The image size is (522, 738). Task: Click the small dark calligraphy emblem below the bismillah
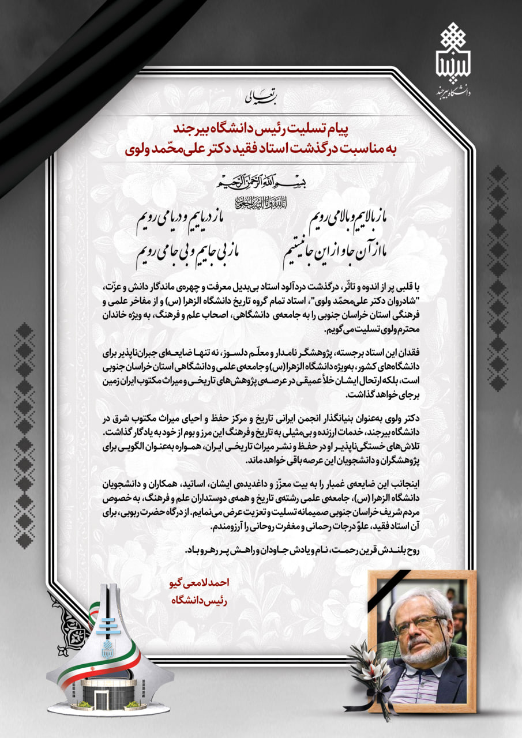click(x=261, y=203)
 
